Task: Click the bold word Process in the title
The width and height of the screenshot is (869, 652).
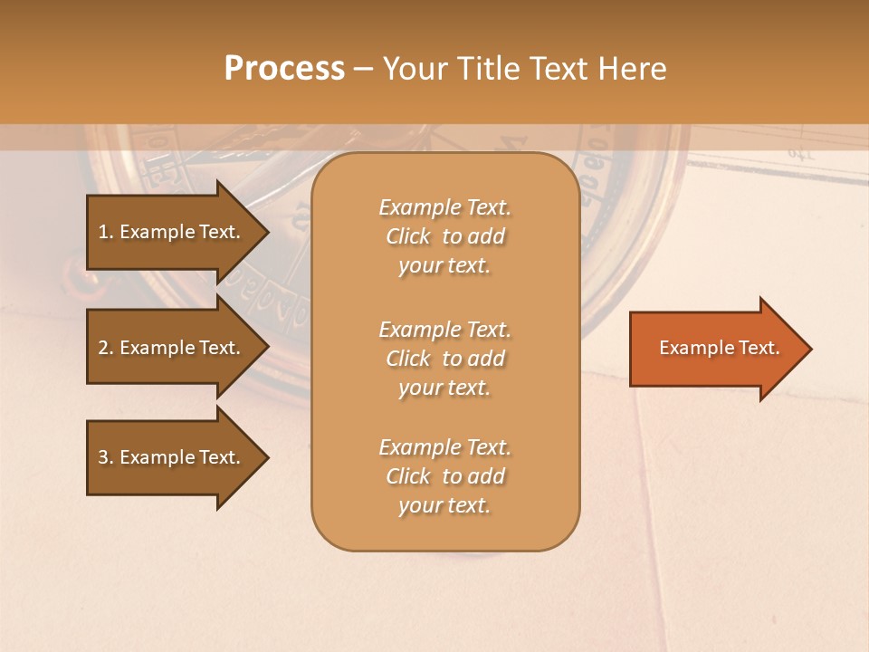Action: pyautogui.click(x=284, y=69)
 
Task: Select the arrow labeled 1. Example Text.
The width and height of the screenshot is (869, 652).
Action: pyautogui.click(x=172, y=232)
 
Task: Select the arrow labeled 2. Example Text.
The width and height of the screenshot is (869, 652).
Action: pyautogui.click(x=172, y=348)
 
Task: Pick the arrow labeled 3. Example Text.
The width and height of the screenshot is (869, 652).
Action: pyautogui.click(x=172, y=457)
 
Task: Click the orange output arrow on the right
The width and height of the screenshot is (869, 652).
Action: pyautogui.click(x=715, y=349)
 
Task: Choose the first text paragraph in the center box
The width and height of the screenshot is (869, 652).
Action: pyautogui.click(x=444, y=236)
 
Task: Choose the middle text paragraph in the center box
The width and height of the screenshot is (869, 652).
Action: pyautogui.click(x=444, y=359)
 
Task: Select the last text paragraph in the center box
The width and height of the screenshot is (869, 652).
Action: pyautogui.click(x=444, y=476)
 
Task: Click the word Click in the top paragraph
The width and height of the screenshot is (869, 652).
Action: pyautogui.click(x=408, y=236)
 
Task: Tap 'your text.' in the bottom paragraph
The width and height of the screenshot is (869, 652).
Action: pyautogui.click(x=444, y=505)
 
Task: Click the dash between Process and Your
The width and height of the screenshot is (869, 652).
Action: pyautogui.click(x=363, y=69)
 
